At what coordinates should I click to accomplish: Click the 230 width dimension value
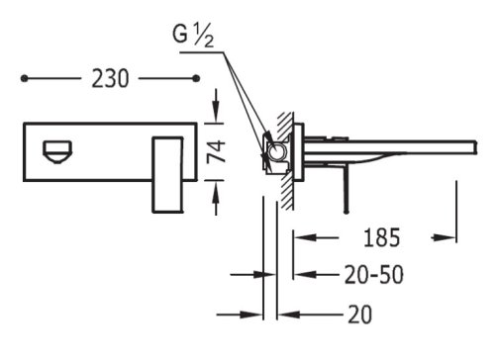110,79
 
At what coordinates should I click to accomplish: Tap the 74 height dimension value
216,151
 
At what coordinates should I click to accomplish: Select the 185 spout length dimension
382,237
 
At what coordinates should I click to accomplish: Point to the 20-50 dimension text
374,275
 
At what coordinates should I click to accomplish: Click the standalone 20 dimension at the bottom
360,315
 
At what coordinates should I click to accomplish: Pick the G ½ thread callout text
193,35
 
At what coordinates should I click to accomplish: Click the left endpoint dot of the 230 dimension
24,78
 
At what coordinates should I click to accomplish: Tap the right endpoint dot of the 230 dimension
196,78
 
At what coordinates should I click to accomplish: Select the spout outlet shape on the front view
56,151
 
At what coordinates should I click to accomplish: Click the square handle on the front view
167,175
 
